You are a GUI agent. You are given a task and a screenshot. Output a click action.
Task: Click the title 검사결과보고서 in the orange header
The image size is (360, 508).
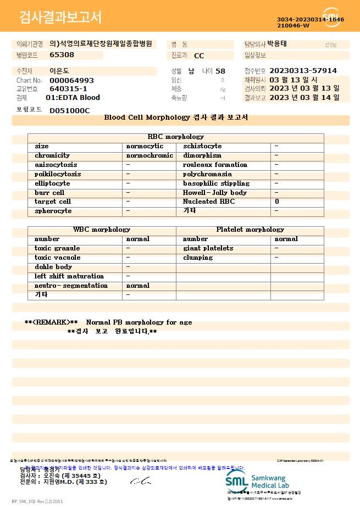click(60, 18)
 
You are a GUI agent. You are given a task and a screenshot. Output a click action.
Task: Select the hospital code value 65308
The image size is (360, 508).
click(62, 55)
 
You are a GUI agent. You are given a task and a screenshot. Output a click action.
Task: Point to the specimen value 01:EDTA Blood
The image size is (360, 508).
click(73, 98)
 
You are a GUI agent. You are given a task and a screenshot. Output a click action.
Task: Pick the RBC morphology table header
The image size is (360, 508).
click(176, 137)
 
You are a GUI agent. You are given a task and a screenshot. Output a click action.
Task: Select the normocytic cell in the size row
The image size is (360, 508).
click(145, 146)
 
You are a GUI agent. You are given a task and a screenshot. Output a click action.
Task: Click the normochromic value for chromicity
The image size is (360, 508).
click(149, 155)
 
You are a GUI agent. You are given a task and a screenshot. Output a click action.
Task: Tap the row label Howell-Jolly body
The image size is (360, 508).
click(215, 193)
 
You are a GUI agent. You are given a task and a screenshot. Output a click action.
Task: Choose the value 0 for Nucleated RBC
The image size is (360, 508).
click(277, 202)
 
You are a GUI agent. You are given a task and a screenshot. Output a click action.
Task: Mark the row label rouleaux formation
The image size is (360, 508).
click(215, 165)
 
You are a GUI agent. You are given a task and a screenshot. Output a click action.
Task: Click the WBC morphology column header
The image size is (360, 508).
click(102, 230)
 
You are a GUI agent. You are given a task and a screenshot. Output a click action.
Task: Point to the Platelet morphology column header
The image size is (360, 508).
click(250, 230)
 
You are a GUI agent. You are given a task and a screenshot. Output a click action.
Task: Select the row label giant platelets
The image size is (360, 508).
click(208, 248)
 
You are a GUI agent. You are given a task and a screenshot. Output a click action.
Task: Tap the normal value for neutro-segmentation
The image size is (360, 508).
click(138, 286)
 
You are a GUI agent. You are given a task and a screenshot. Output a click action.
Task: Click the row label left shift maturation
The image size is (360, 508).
click(69, 276)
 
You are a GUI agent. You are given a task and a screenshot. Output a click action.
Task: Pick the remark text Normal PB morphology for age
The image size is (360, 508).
click(139, 322)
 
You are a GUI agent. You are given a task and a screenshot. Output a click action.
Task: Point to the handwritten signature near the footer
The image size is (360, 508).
click(140, 482)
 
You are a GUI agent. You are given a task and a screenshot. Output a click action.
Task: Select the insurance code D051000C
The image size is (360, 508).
click(69, 110)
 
